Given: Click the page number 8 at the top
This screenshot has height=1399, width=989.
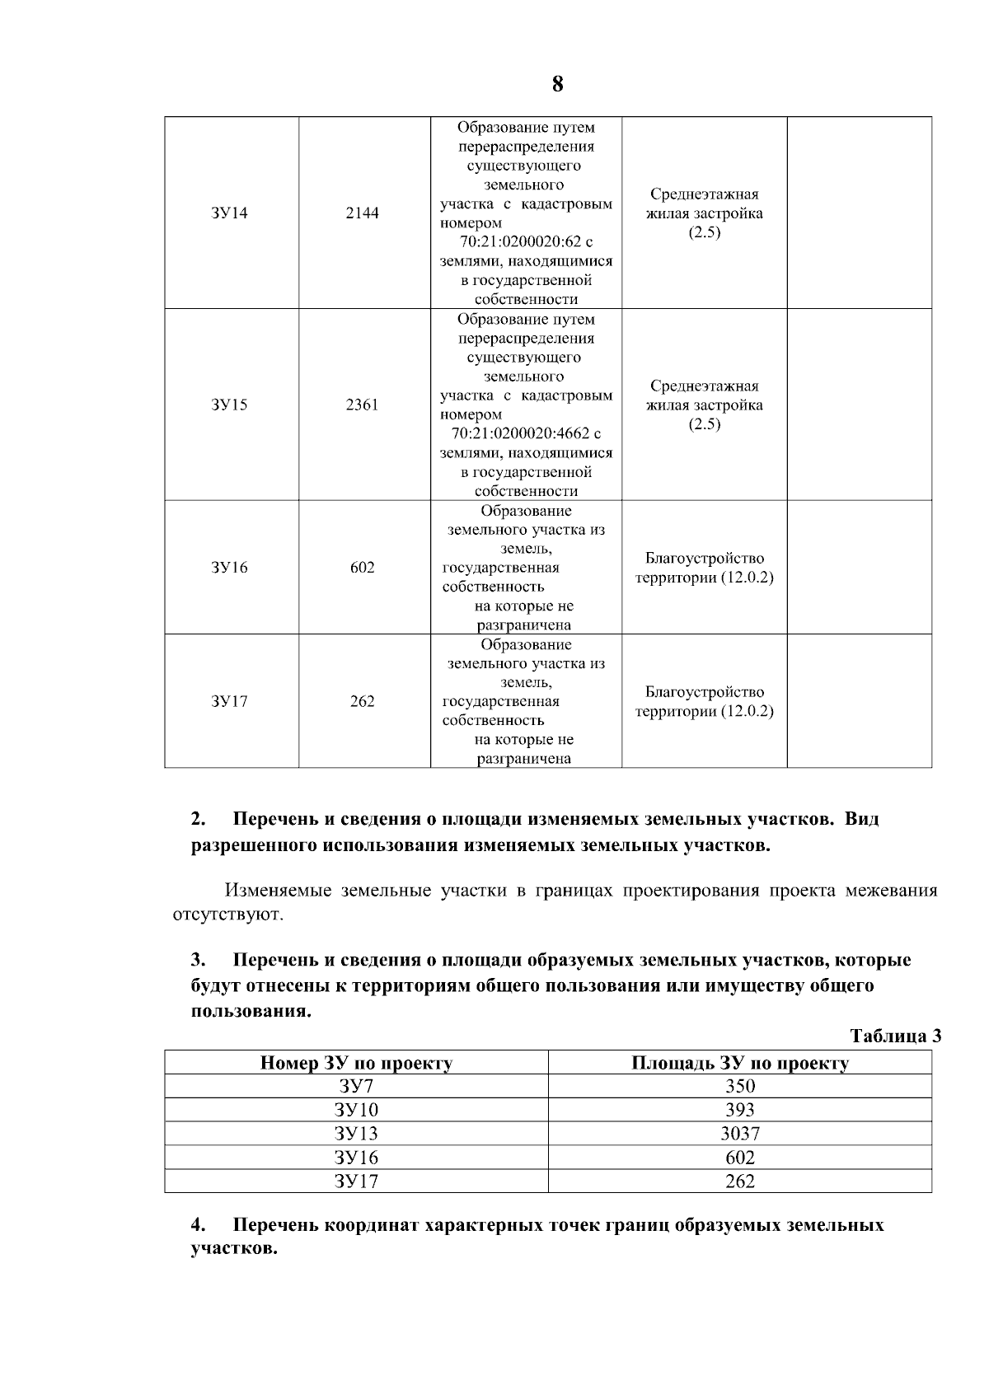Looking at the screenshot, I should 558,84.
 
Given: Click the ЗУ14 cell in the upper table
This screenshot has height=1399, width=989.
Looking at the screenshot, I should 229,213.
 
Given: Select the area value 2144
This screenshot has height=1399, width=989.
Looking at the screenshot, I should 363,213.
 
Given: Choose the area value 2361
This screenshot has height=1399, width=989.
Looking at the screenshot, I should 363,405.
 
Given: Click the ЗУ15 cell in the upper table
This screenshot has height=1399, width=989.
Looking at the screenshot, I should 229,405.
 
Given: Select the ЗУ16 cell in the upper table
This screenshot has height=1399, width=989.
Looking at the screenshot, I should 229,568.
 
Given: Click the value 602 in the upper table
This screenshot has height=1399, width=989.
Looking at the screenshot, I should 363,568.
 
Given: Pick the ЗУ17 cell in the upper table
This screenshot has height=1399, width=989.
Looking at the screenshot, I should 229,702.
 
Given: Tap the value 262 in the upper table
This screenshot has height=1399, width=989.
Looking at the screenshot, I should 363,702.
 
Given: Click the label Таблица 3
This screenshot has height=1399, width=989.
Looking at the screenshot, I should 895,1036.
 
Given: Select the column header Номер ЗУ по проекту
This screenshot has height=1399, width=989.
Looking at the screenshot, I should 356,1063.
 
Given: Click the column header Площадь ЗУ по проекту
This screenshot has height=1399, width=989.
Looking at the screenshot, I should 739,1063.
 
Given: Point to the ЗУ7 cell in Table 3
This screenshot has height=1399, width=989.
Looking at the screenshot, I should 356,1087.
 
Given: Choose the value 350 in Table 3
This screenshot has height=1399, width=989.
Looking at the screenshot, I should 739,1087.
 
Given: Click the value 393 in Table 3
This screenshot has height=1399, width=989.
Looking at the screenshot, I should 739,1110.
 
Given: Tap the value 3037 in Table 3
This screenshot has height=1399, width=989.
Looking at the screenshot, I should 739,1134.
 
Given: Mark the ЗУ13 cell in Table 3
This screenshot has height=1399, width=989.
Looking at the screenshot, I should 356,1134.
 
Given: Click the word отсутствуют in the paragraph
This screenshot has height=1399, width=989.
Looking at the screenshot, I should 227,915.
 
